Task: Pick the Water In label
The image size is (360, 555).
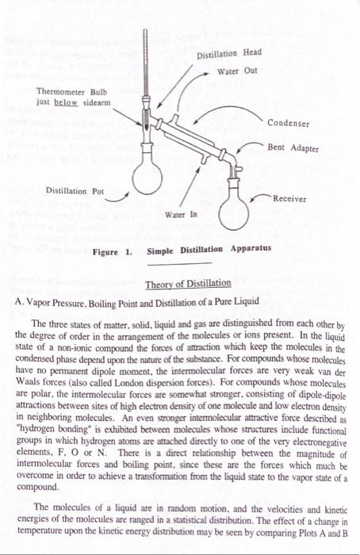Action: point(181,216)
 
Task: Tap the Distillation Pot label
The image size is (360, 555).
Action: point(75,190)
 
